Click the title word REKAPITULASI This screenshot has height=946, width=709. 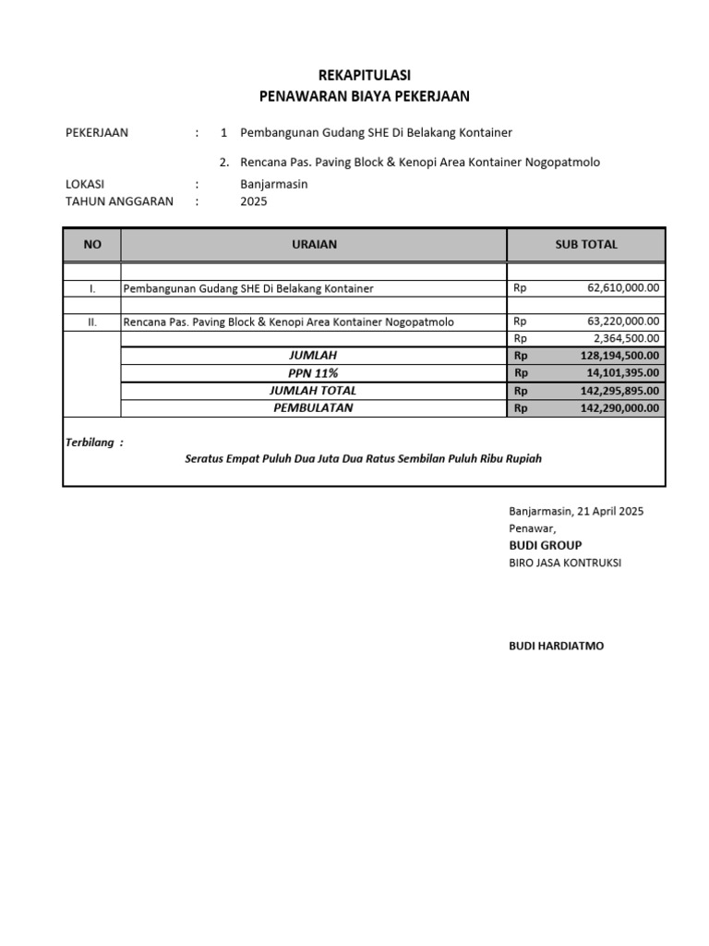tap(364, 75)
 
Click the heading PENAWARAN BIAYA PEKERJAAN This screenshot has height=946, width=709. tap(364, 96)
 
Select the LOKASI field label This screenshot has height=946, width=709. tap(86, 184)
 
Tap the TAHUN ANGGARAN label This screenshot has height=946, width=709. tap(119, 201)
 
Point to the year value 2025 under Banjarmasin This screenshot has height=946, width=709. tap(254, 201)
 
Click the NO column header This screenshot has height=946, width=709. tap(91, 245)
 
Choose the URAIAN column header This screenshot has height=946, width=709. tap(314, 245)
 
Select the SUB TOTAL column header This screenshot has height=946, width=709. tap(585, 245)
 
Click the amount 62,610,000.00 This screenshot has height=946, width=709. tap(623, 288)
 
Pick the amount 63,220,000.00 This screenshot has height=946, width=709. tap(623, 321)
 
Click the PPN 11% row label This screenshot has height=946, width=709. tap(314, 372)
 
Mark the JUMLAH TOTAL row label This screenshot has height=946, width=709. tap(314, 390)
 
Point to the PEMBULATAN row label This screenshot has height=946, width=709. tap(314, 407)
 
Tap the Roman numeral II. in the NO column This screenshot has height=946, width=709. tap(91, 321)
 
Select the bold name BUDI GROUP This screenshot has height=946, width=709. tap(545, 545)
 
